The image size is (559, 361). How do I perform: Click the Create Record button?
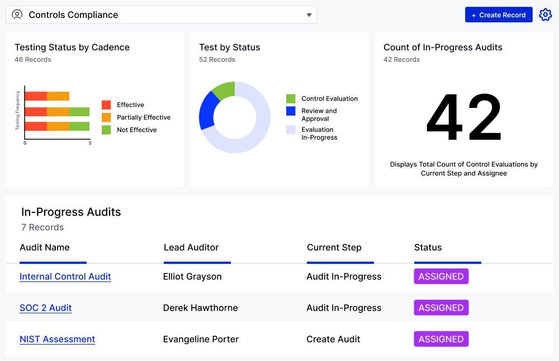pos(498,15)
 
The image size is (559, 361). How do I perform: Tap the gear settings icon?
pos(545,15)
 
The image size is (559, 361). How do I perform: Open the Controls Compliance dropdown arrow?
pos(309,15)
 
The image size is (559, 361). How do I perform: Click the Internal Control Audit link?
pos(65,277)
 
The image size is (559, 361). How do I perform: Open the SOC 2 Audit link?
pos(46,308)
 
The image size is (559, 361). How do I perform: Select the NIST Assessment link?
pos(58,339)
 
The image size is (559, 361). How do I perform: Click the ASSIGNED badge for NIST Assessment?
pos(441,339)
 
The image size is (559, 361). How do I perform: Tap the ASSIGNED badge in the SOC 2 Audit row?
pos(441,308)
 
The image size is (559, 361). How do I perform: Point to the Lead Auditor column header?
pos(191,248)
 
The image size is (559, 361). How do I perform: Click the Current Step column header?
pos(334,248)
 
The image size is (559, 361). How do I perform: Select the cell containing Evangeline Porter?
pos(201,339)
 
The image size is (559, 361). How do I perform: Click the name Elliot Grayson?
pos(192,277)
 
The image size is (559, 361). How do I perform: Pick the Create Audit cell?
pos(333,339)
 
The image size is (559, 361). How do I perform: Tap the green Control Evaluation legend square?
pos(291,99)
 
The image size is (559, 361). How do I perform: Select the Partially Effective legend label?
pos(144,117)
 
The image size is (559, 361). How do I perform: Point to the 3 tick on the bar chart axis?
pos(90,143)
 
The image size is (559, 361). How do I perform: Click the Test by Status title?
pos(230,47)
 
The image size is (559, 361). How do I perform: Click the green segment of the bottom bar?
pos(79,126)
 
